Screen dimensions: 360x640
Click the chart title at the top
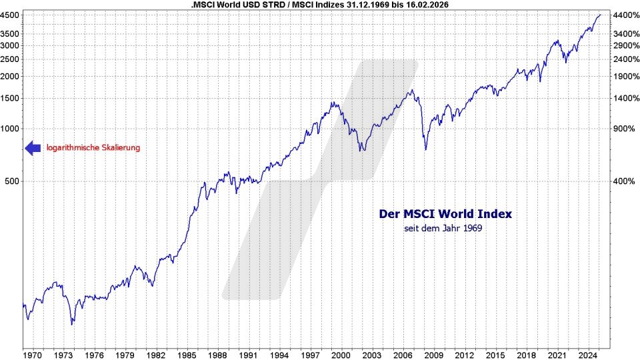click(320, 5)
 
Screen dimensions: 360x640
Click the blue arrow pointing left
click(33, 148)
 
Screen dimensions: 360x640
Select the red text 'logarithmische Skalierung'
click(93, 148)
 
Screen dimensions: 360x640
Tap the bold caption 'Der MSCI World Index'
click(445, 214)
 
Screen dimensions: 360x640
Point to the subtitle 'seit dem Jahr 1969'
click(443, 229)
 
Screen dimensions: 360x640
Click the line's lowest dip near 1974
click(72, 324)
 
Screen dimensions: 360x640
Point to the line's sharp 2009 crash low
click(425, 149)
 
